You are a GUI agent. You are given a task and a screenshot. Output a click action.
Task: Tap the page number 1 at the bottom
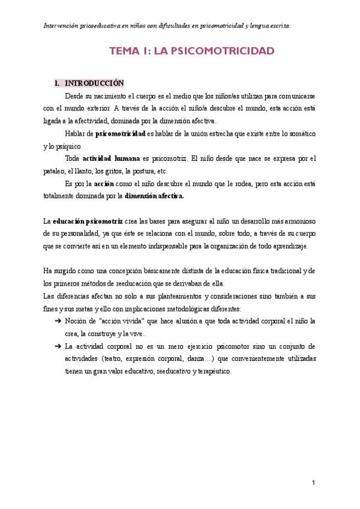[x=314, y=483]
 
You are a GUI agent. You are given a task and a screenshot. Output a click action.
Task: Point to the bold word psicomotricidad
[x=121, y=133]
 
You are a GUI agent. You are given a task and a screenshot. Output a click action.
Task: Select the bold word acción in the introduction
[x=96, y=184]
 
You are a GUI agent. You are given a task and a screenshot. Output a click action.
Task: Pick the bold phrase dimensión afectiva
[x=154, y=196]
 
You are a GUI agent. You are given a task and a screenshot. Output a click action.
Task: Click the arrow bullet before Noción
[x=57, y=321]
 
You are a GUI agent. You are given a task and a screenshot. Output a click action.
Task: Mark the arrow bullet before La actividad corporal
[x=57, y=346]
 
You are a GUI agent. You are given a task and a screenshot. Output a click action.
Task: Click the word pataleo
[x=55, y=170]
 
